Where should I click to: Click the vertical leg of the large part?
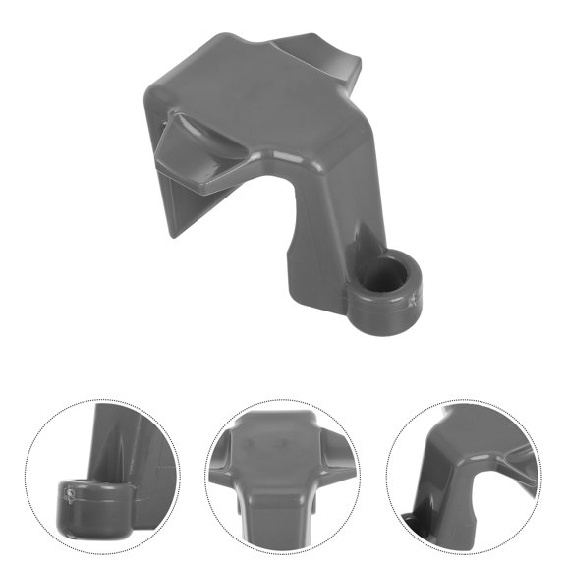coord(314,246)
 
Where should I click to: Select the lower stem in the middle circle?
coord(279,516)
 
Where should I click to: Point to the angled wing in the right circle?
coord(511,462)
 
